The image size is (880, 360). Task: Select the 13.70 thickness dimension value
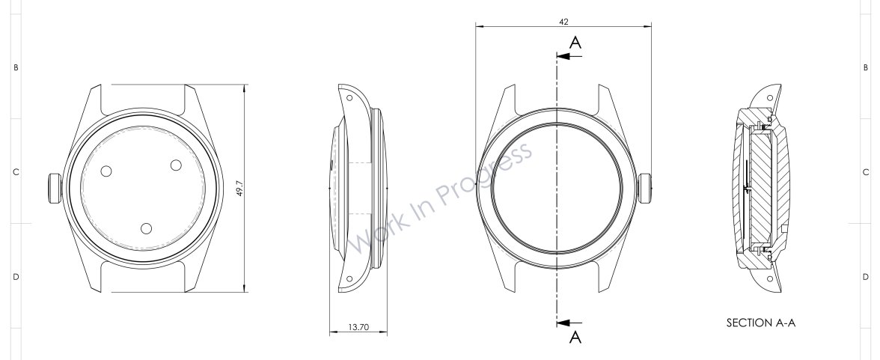[x=358, y=327]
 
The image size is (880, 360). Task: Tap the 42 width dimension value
[x=563, y=22]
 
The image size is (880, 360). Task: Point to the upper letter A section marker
[x=575, y=43]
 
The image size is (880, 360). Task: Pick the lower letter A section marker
[x=575, y=337]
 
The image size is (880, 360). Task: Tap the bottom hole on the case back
[x=147, y=228]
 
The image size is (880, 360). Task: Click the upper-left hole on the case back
[x=106, y=171]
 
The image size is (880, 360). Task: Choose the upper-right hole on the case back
[x=177, y=165]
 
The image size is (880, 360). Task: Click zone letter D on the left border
[x=16, y=278]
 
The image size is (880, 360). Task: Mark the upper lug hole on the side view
[x=349, y=97]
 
